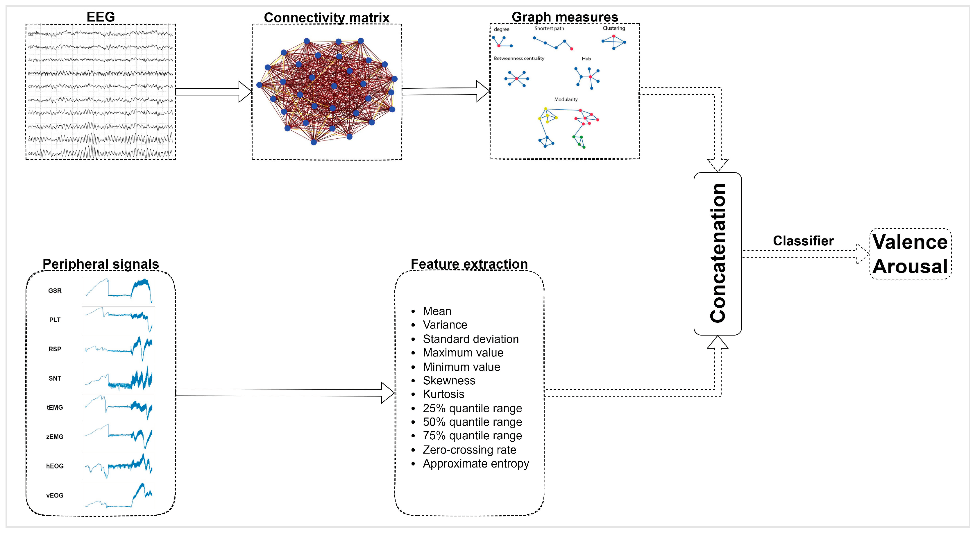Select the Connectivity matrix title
coord(326,17)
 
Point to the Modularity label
coord(566,99)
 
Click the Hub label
coord(586,59)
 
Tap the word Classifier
coord(803,241)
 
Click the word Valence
coord(910,242)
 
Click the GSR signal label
coord(55,291)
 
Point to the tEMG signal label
coord(55,407)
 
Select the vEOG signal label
coord(55,495)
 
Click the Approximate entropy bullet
coord(475,463)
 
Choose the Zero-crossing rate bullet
coord(469,450)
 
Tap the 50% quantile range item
coord(472,422)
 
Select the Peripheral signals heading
coord(100,264)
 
